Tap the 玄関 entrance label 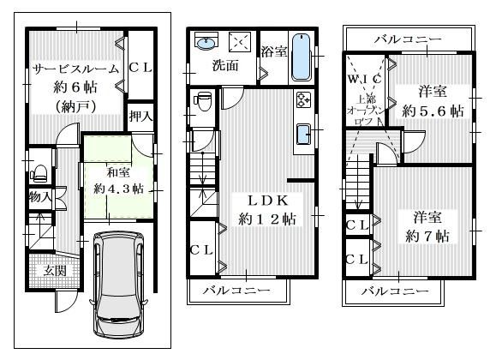[41, 272]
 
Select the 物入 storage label [39, 197]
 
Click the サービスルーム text [72, 69]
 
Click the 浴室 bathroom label [273, 51]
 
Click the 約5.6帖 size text [433, 111]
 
